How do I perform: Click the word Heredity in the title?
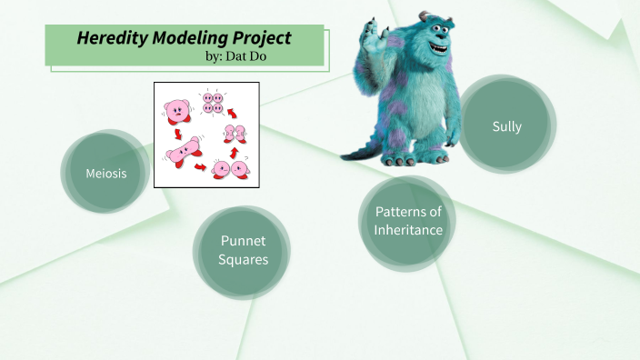(x=108, y=38)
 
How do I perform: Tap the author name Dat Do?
(x=256, y=55)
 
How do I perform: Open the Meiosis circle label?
(x=105, y=173)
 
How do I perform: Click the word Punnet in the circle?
(x=244, y=241)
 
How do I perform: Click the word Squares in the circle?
(x=244, y=260)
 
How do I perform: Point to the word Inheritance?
(x=408, y=230)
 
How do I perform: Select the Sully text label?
(x=506, y=126)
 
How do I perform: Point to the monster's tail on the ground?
(x=357, y=152)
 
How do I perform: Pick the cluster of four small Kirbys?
(x=213, y=103)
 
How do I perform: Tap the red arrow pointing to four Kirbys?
(x=233, y=113)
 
